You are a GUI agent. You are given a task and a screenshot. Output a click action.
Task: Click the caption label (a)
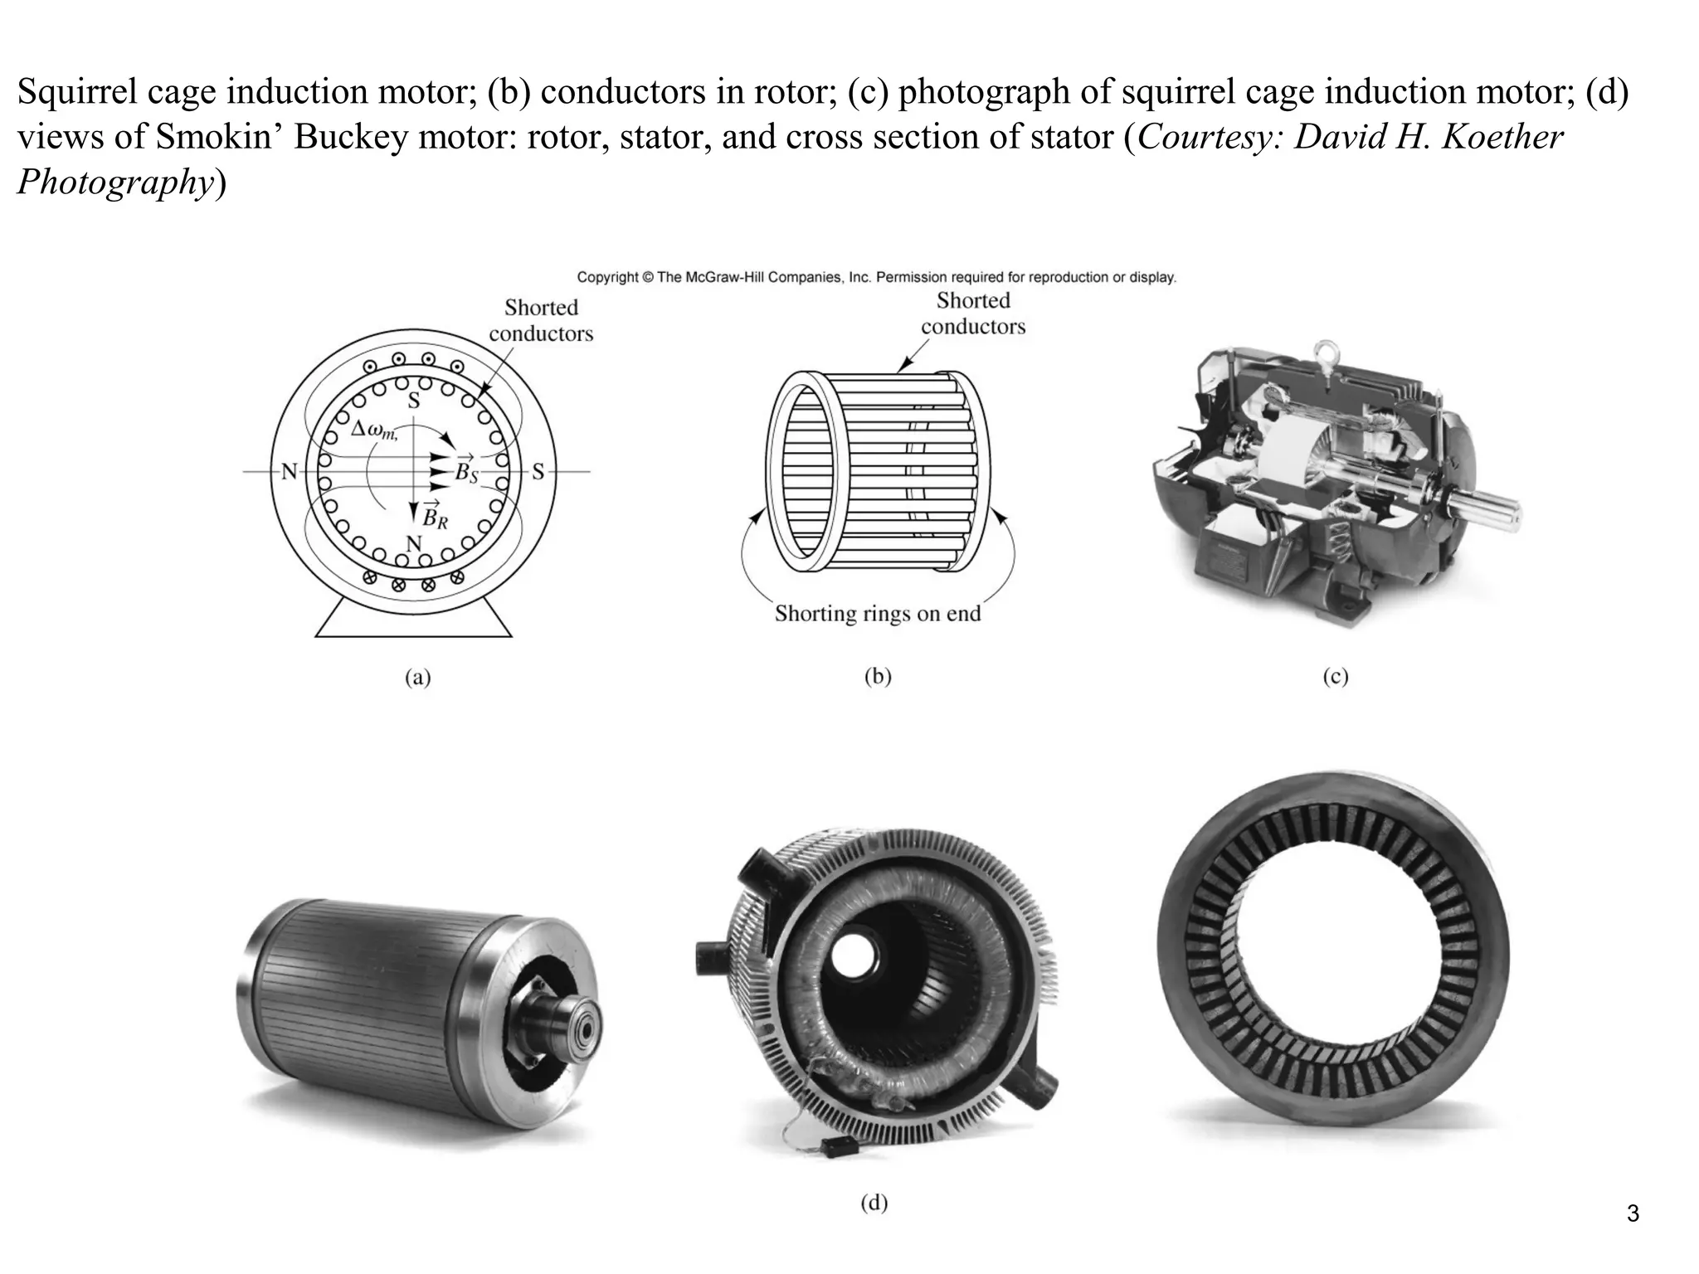pos(417,678)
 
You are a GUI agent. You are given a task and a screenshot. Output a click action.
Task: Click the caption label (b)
pos(878,677)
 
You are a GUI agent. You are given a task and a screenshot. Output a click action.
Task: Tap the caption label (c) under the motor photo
pos(1335,677)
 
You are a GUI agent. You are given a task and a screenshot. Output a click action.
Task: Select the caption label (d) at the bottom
pos(874,1202)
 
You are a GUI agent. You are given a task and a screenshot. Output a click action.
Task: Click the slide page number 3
pos(1633,1214)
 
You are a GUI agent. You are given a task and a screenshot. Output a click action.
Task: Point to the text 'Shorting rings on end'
pos(878,614)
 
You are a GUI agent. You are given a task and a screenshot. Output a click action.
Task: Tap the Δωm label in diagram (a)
pos(374,430)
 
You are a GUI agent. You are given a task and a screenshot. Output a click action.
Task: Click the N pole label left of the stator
pos(289,472)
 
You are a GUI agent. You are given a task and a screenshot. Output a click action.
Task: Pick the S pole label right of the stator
pos(538,472)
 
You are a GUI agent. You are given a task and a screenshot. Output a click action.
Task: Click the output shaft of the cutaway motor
pos(1485,505)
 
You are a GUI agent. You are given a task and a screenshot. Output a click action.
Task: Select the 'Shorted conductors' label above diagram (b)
pos(973,314)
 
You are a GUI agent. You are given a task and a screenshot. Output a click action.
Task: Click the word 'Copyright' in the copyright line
pos(607,277)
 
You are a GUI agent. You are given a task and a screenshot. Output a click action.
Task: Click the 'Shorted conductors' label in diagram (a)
pos(541,320)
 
